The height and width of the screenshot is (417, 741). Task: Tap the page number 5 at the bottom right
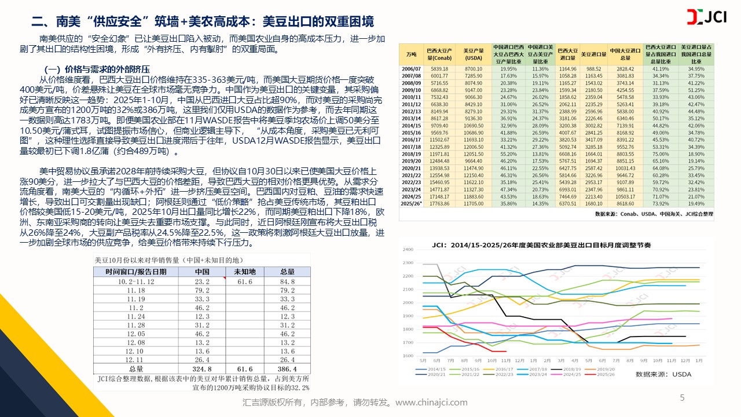tap(681, 397)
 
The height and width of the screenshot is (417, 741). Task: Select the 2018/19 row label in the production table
tap(412, 155)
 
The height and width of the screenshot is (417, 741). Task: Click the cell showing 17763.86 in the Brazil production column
tap(441, 204)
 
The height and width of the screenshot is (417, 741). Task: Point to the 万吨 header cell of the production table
tap(412, 53)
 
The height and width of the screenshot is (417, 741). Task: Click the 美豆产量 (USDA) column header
tap(474, 53)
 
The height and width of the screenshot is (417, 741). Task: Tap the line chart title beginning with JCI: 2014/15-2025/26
tap(541, 245)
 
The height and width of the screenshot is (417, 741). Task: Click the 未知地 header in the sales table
tap(244, 272)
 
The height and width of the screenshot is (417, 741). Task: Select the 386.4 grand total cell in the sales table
tap(288, 368)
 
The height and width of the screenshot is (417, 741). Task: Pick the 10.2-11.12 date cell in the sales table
tap(137, 281)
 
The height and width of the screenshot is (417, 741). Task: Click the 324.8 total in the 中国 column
tap(203, 368)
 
